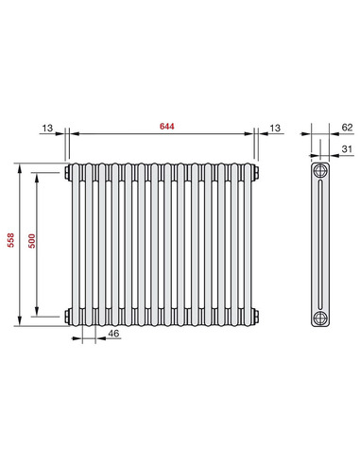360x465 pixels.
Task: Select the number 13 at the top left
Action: click(47, 127)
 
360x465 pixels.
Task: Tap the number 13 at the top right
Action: click(275, 127)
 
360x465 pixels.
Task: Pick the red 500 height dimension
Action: click(32, 243)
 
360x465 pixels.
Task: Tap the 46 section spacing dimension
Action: click(113, 334)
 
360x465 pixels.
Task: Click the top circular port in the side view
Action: click(321, 172)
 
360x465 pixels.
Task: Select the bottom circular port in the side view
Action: click(321, 314)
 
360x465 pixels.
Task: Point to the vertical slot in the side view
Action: click(321, 243)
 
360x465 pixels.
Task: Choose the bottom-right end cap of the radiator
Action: click(255, 314)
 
